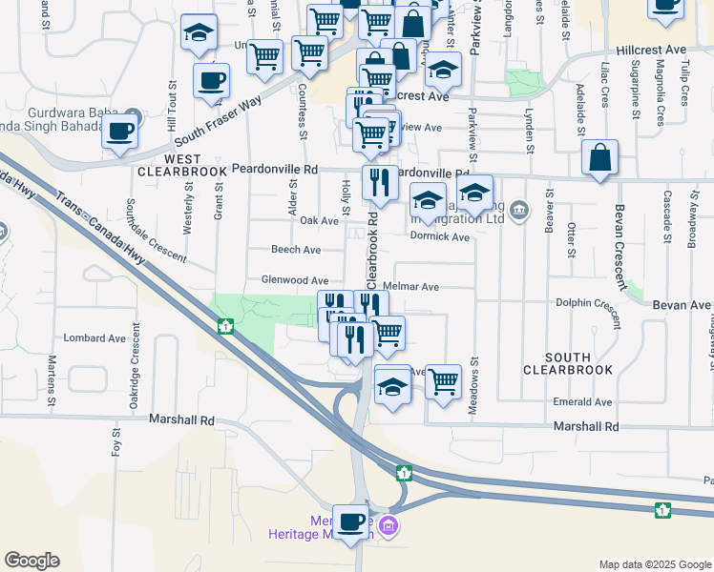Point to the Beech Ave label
point(296,250)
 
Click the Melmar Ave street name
point(410,287)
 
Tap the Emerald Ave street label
point(582,402)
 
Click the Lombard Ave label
point(94,338)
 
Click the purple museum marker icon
point(388,525)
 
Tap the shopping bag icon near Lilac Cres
point(599,158)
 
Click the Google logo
point(31,561)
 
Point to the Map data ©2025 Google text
point(655,564)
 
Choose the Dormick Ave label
point(448,236)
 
